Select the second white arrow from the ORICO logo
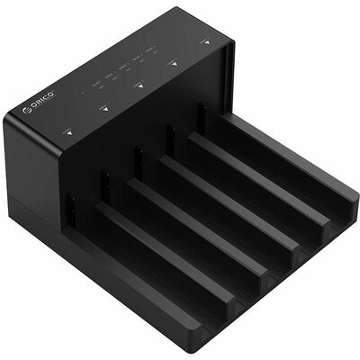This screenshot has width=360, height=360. point(104,108)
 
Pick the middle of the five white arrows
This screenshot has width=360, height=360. point(139,85)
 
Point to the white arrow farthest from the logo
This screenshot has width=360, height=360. point(206,40)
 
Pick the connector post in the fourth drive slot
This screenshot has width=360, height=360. point(169,136)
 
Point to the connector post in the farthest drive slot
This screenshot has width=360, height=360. point(202,114)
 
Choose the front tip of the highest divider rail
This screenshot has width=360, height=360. point(349,212)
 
